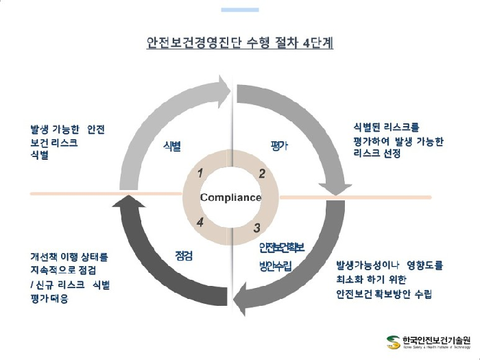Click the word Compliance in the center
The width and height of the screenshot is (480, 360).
pos(230,197)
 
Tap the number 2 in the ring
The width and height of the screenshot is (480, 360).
pos(261,173)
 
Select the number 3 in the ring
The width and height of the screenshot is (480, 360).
pos(256,228)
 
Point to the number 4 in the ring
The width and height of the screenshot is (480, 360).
pos(200,222)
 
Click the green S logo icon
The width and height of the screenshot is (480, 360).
pos(392,341)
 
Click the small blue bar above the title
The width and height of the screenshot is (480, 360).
pos(239,10)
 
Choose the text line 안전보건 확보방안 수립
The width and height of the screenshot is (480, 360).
pos(384,294)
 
